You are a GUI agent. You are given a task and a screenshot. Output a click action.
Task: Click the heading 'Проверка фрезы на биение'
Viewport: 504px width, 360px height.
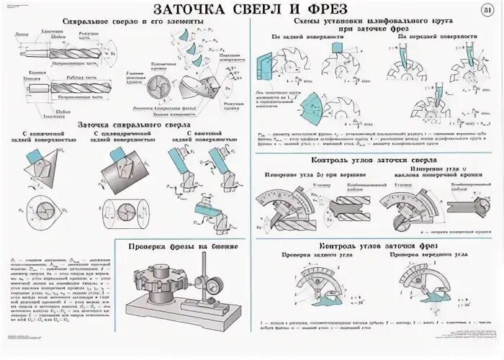tap(183, 246)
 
